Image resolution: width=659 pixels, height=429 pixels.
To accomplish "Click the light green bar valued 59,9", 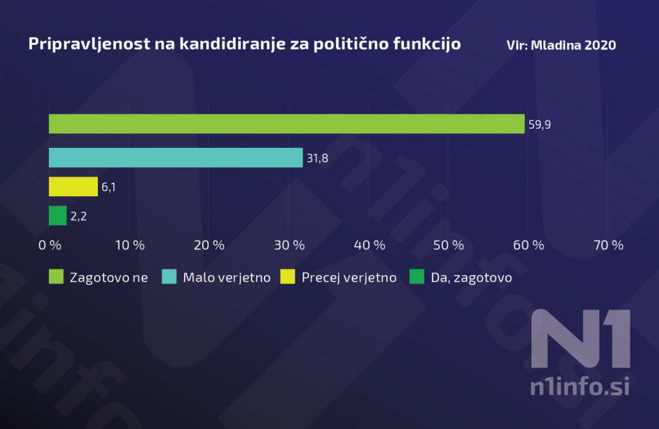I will [286, 123].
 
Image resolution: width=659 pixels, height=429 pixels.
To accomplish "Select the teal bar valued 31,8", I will [176, 158].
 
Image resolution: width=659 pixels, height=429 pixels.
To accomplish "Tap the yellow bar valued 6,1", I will [73, 187].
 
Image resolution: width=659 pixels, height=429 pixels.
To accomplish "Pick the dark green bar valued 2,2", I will [58, 215].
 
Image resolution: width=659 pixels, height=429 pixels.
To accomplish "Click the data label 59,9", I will [539, 124].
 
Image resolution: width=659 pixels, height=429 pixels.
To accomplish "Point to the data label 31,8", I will [317, 158].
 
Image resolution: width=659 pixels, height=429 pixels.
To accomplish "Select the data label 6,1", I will [109, 187].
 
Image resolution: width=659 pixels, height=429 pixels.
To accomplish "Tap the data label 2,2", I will [79, 216].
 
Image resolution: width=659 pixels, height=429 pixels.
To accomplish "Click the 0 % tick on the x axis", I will [50, 245].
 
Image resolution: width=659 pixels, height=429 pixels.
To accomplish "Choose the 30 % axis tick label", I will [289, 245].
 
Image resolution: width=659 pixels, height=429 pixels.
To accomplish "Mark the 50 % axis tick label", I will [449, 245].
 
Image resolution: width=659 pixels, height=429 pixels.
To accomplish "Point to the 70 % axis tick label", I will [608, 245].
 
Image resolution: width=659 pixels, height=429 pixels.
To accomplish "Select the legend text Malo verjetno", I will [227, 277].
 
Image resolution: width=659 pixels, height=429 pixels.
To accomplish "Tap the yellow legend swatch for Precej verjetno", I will [289, 277].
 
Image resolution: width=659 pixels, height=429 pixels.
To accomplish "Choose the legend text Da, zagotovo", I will [472, 277].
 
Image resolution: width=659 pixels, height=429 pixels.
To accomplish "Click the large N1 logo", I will [580, 340].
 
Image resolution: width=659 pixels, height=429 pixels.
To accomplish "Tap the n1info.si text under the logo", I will [579, 387].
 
